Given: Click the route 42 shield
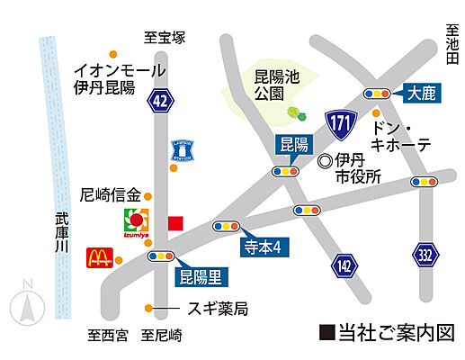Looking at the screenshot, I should coord(161,101).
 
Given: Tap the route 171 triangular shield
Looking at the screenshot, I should coord(340,123).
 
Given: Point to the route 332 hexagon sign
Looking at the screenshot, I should coord(426,255).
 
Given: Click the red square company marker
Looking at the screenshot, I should coord(175,221).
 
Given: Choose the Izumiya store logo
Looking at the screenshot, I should coord(136,222).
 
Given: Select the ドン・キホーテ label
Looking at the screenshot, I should coord(401,136).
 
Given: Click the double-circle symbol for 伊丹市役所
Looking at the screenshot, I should coord(325,161).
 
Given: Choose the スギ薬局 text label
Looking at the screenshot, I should coord(216,310).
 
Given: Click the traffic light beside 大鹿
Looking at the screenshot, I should coord(377,94).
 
